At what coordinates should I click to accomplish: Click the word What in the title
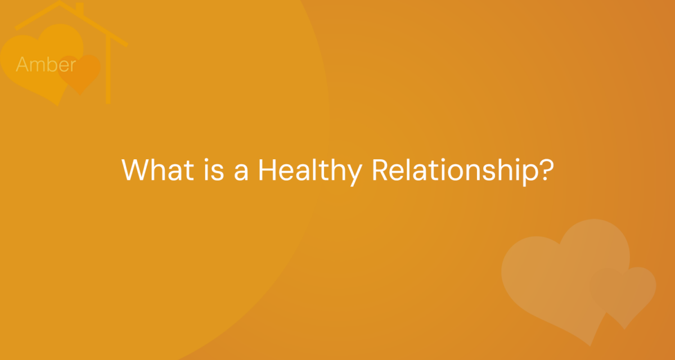pos(157,170)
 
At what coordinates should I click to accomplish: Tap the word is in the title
pos(214,170)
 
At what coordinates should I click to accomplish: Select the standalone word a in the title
pos(241,173)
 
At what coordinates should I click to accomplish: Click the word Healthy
pos(310,172)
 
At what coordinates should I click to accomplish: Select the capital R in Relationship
pos(381,170)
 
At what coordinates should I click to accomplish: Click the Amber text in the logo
pos(46,64)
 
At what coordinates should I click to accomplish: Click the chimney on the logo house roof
pos(80,8)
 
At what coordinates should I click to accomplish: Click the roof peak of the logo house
pos(60,2)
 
